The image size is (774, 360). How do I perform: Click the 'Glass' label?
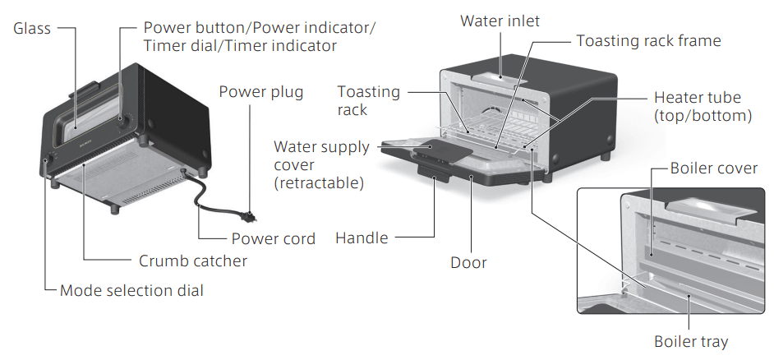[32, 29]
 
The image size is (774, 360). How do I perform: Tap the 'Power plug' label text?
[260, 91]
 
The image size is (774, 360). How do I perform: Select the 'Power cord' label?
[273, 239]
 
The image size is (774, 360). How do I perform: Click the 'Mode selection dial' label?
[131, 290]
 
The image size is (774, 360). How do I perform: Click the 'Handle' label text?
[362, 239]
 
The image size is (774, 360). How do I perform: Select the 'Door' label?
[468, 263]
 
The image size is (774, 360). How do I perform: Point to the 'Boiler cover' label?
[713, 168]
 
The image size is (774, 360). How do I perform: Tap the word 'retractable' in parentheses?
[319, 183]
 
